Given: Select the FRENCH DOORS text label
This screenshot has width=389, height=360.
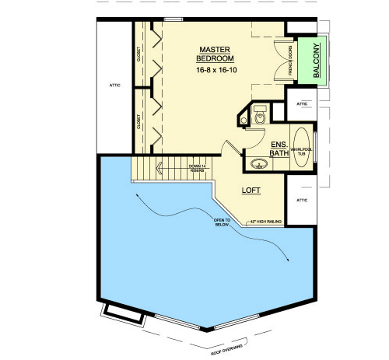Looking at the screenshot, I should [290, 60].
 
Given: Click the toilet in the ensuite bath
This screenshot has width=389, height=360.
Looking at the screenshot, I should [259, 117].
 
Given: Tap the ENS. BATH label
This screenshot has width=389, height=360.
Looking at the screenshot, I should [279, 149].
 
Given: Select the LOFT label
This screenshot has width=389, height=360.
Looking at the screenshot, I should [250, 190].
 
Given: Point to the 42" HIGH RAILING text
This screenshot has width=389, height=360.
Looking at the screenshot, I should [265, 222].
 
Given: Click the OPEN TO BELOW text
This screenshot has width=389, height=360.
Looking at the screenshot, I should [225, 224].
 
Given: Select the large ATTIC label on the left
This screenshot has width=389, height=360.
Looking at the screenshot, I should [112, 86].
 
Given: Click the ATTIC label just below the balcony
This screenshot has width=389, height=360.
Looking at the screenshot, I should [303, 103].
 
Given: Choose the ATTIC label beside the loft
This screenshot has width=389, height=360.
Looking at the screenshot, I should [303, 199].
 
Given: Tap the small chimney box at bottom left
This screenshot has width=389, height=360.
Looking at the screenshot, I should [121, 313].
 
